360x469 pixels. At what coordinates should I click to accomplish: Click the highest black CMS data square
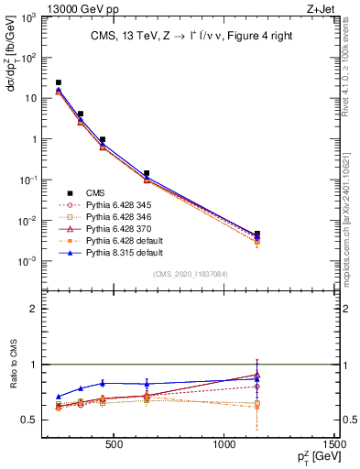point(59,82)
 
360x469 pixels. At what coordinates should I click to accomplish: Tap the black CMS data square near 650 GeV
point(147,173)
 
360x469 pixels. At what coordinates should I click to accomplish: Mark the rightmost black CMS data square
point(256,234)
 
